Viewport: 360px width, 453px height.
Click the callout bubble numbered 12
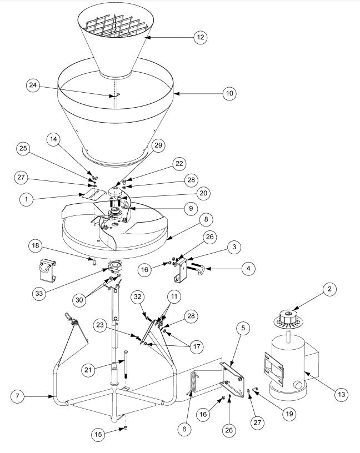(200, 38)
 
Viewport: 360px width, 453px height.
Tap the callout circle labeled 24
(34, 85)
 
